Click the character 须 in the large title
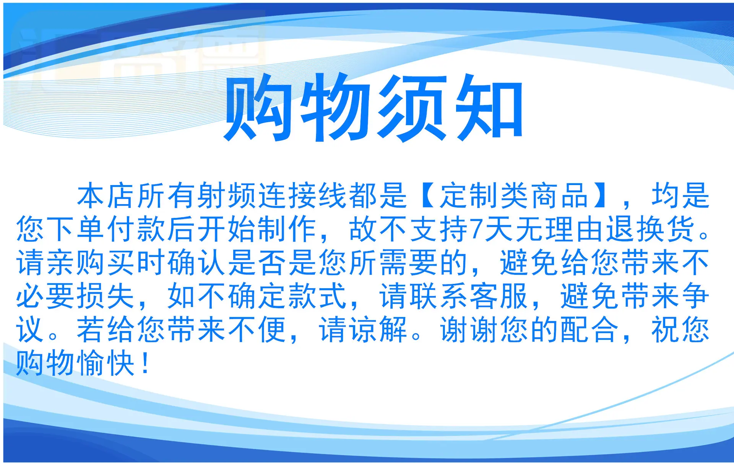click(412, 107)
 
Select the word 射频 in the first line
click(228, 195)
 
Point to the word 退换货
click(652, 229)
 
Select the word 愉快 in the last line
click(106, 364)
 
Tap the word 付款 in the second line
click(136, 229)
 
